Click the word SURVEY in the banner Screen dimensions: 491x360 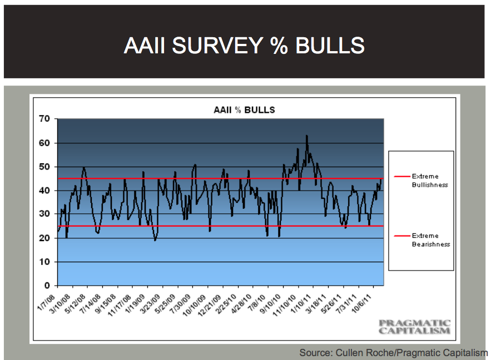tap(217, 46)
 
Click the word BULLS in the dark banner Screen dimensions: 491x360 tap(330, 46)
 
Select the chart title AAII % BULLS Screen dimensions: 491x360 tap(244, 110)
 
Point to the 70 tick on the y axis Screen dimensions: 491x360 tap(44, 118)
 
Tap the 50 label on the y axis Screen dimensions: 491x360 tap(44, 167)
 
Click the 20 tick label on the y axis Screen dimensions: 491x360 tap(44, 238)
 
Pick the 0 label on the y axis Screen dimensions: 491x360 tap(47, 285)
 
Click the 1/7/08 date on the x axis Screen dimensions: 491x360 tap(46, 302)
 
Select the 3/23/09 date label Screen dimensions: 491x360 tap(150, 304)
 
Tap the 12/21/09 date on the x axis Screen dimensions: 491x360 tap(210, 305)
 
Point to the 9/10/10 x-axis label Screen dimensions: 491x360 tap(271, 304)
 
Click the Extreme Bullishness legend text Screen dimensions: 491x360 tap(430, 181)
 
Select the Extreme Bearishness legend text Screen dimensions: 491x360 tap(431, 240)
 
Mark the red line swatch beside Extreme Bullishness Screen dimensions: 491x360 tap(402, 177)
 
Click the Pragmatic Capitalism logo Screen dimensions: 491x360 tap(414, 327)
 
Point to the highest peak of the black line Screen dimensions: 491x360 tap(306, 136)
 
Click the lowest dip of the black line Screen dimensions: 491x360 tap(155, 240)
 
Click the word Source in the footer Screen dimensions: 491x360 tap(316, 353)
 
